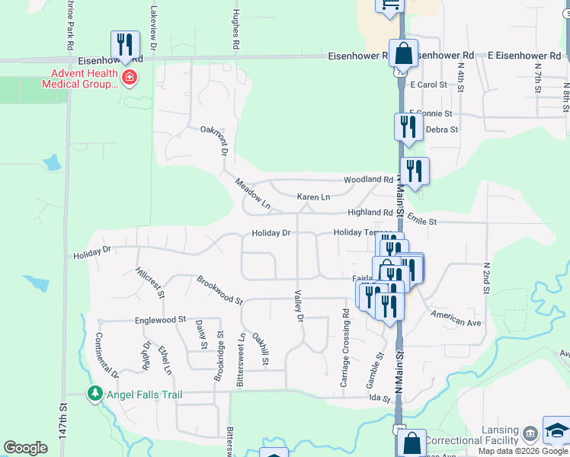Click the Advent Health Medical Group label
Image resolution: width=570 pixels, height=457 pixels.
pyautogui.click(x=84, y=78)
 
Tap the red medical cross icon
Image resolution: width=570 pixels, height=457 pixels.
pyautogui.click(x=130, y=77)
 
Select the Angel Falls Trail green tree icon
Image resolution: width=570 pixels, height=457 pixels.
pyautogui.click(x=95, y=394)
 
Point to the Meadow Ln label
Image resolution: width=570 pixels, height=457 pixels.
pyautogui.click(x=252, y=193)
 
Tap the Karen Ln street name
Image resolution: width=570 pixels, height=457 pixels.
pyautogui.click(x=313, y=197)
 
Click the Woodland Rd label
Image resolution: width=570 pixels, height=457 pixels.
pyautogui.click(x=367, y=180)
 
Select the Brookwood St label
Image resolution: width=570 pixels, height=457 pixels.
pyautogui.click(x=219, y=290)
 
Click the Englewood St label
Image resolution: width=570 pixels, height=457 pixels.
pyautogui.click(x=161, y=321)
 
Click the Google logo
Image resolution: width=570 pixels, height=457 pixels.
pyautogui.click(x=25, y=448)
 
